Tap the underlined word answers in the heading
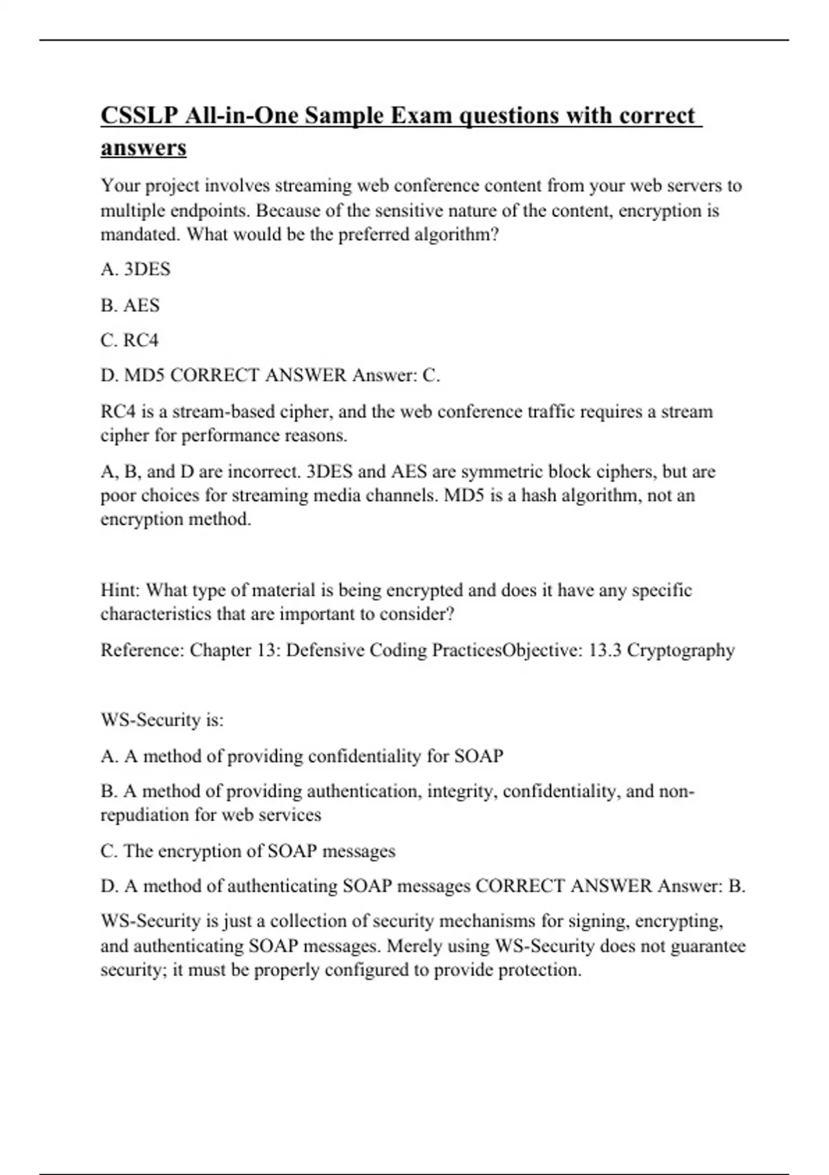click(144, 147)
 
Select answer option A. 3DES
click(135, 269)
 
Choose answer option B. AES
click(130, 305)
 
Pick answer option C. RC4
click(130, 340)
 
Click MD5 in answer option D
click(144, 375)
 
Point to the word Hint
click(120, 590)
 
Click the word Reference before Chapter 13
click(142, 650)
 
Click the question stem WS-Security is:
click(162, 720)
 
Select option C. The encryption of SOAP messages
click(248, 851)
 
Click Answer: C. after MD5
click(396, 375)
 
